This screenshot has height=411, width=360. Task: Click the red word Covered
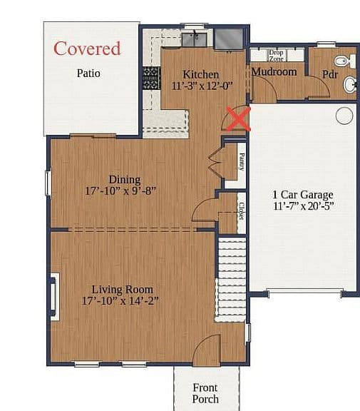click(x=87, y=49)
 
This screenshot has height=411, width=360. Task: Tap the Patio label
click(x=88, y=73)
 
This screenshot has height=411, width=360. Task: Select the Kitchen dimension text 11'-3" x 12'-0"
click(x=202, y=86)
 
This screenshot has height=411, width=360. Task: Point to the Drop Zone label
click(x=276, y=56)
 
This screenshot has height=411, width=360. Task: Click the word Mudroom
click(x=274, y=72)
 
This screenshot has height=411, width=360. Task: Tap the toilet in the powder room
click(x=345, y=61)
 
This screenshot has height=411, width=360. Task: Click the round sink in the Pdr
click(x=350, y=85)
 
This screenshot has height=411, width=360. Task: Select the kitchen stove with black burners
click(x=152, y=78)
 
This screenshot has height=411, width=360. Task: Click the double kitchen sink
click(x=195, y=39)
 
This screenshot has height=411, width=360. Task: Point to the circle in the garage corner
click(x=344, y=116)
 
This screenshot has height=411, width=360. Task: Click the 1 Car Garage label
click(x=303, y=195)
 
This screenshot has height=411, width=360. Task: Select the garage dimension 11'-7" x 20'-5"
click(x=304, y=206)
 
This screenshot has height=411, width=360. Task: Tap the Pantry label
click(x=242, y=162)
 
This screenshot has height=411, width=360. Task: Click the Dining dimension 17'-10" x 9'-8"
click(x=120, y=191)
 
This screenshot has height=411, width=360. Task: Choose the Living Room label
click(x=123, y=290)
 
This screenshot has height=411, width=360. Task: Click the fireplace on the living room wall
click(x=54, y=296)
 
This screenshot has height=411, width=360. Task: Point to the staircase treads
click(x=231, y=279)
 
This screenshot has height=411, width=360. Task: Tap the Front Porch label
click(x=205, y=393)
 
